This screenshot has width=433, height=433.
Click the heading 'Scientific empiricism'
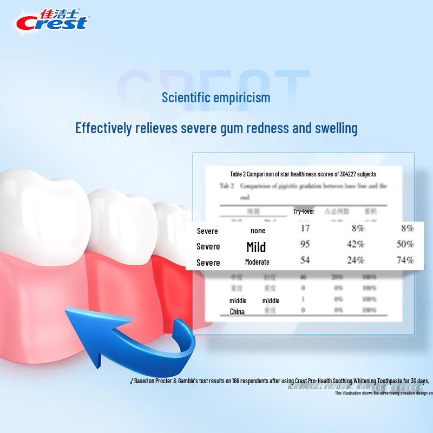tap(216, 98)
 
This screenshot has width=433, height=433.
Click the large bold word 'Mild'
tap(256, 247)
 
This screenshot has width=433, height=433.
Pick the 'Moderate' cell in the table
tap(257, 262)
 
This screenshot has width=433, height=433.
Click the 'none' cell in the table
tap(258, 231)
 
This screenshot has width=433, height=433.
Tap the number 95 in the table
tap(305, 244)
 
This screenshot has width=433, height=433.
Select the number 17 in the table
tap(305, 228)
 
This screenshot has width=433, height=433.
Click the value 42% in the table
tap(355, 244)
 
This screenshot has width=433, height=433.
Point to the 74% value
tap(405, 260)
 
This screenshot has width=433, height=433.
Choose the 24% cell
tap(355, 260)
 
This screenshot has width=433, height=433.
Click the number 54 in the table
tap(305, 260)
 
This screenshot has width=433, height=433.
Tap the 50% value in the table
tap(405, 244)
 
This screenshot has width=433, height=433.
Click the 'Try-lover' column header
tap(304, 212)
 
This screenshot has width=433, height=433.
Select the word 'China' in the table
tap(237, 311)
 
